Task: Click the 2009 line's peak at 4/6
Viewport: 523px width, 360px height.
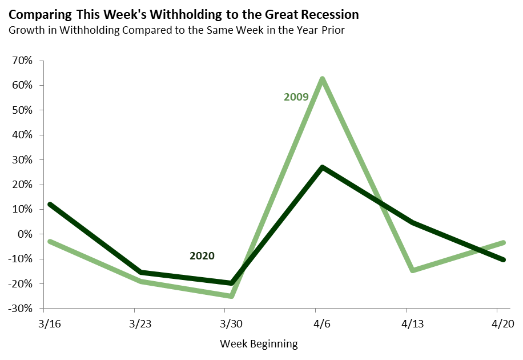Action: pos(323,79)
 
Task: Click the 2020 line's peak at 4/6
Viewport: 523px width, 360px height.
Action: pos(323,167)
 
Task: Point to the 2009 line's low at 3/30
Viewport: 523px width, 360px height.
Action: pos(232,296)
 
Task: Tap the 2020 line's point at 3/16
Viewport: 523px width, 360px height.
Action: pos(50,205)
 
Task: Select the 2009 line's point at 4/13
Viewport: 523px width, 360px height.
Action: pos(413,270)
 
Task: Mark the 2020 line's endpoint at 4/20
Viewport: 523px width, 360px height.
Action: pos(503,259)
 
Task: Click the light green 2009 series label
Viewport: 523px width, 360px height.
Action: pos(296,97)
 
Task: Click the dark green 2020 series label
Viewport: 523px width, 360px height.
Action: pos(202,256)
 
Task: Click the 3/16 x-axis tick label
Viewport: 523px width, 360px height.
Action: pos(50,324)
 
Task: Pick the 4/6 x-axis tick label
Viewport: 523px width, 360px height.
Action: pos(323,324)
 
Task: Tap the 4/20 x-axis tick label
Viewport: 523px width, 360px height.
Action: pos(503,324)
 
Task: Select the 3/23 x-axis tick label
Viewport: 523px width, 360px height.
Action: pos(141,324)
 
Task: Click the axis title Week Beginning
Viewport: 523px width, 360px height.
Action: pos(259,344)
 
